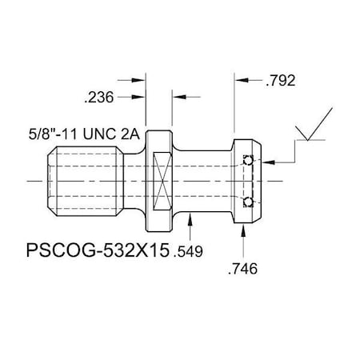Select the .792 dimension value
[x=283, y=80]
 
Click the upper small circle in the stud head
[x=249, y=162]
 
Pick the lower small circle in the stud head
[x=249, y=200]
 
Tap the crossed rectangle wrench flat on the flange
[x=161, y=180]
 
